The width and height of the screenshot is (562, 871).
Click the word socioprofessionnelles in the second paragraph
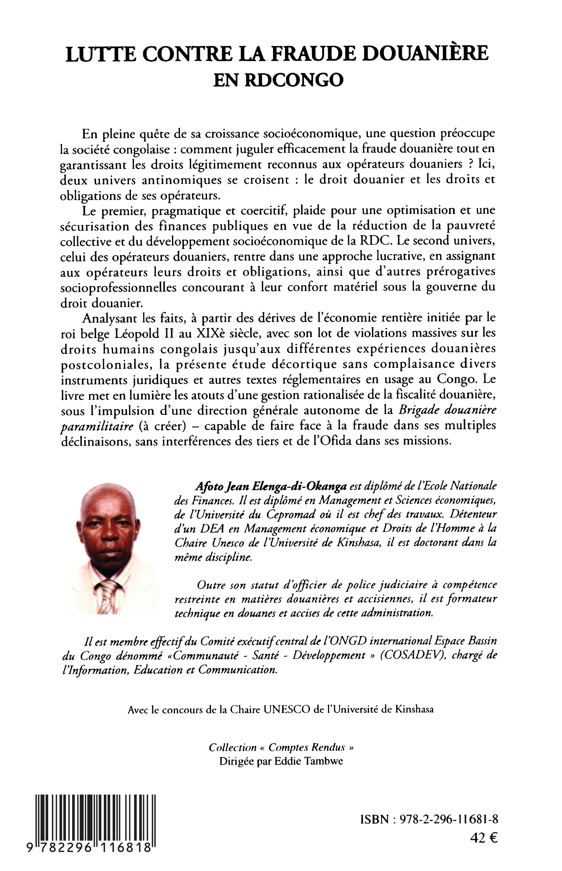[119, 287]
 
